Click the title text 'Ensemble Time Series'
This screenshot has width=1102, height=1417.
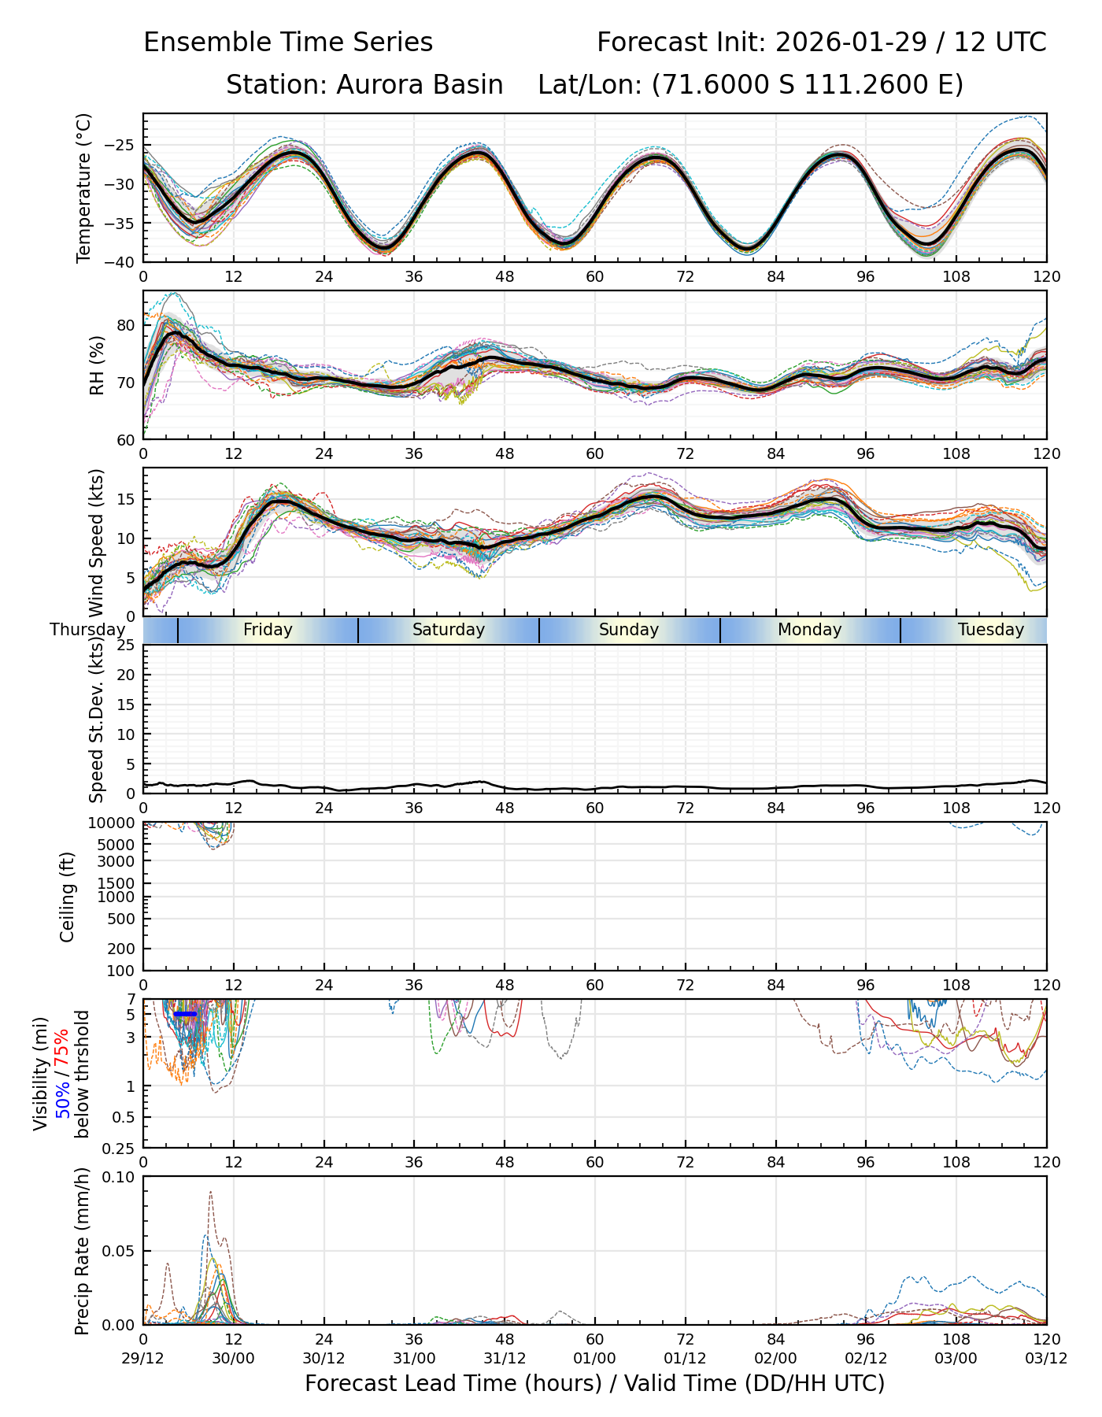pyautogui.click(x=288, y=43)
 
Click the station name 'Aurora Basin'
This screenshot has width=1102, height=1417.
pyautogui.click(x=420, y=85)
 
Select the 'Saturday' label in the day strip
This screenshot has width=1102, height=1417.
pyautogui.click(x=449, y=630)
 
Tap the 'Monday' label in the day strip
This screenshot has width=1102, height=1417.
pyautogui.click(x=809, y=630)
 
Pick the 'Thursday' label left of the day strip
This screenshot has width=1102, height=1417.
pyautogui.click(x=87, y=630)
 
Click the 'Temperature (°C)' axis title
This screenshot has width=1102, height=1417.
pyautogui.click(x=84, y=187)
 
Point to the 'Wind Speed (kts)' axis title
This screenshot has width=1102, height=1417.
pyautogui.click(x=97, y=542)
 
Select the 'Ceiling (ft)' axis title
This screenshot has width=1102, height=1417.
pyautogui.click(x=68, y=897)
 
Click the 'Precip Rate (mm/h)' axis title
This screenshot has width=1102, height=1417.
pyautogui.click(x=82, y=1251)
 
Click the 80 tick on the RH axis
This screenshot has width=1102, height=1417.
pyautogui.click(x=127, y=325)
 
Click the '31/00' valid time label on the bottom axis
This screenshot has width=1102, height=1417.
pyautogui.click(x=414, y=1359)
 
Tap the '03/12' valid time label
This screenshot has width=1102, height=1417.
pyautogui.click(x=1046, y=1359)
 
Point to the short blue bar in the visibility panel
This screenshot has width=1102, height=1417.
pyautogui.click(x=185, y=1014)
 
